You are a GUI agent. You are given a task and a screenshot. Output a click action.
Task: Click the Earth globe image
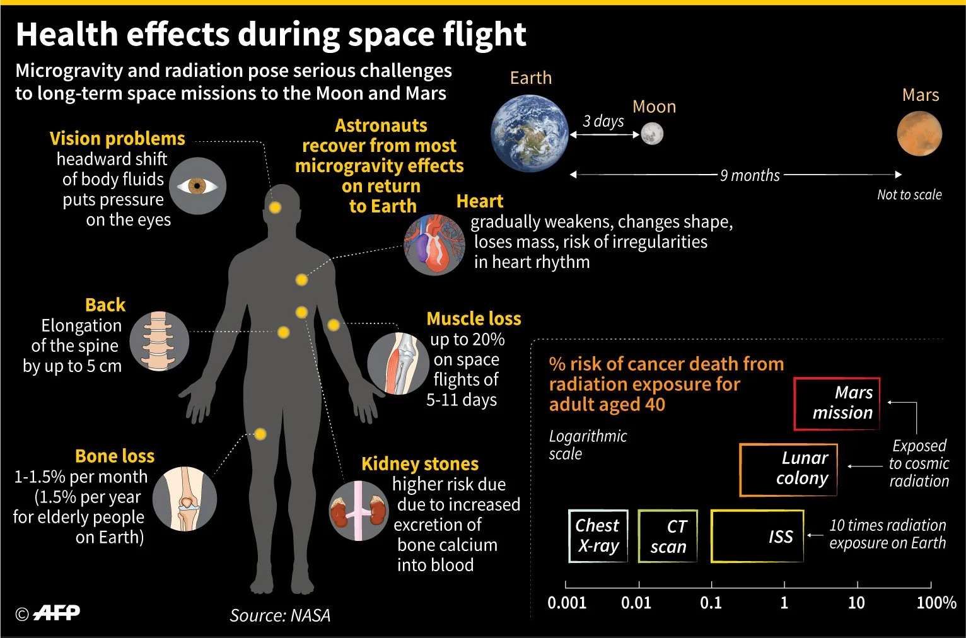530,133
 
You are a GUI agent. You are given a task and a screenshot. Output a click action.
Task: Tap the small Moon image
652,134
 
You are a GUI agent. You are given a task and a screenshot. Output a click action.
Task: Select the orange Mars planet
919,134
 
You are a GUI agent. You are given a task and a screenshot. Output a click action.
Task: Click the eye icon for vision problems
197,186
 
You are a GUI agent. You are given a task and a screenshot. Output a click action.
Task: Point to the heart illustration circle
434,245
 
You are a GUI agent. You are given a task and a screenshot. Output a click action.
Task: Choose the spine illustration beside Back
159,341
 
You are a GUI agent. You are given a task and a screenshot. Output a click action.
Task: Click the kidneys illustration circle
359,511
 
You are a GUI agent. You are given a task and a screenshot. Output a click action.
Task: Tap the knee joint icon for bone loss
185,499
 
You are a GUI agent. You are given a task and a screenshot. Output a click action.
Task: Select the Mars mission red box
837,404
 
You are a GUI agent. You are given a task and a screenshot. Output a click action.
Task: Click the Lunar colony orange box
788,470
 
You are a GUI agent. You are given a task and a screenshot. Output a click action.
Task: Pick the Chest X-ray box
598,536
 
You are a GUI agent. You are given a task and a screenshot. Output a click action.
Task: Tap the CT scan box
668,536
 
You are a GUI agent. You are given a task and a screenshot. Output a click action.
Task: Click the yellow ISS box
757,536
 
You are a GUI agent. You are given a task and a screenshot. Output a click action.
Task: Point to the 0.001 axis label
567,603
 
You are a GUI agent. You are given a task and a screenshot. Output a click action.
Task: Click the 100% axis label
936,603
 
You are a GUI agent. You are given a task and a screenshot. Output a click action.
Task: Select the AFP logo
57,613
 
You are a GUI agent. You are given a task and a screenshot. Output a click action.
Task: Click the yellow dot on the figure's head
275,208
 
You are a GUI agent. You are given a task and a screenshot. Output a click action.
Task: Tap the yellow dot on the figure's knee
260,434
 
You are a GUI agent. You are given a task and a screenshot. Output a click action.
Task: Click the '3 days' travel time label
603,122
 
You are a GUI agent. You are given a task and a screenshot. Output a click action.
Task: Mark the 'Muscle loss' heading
474,319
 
